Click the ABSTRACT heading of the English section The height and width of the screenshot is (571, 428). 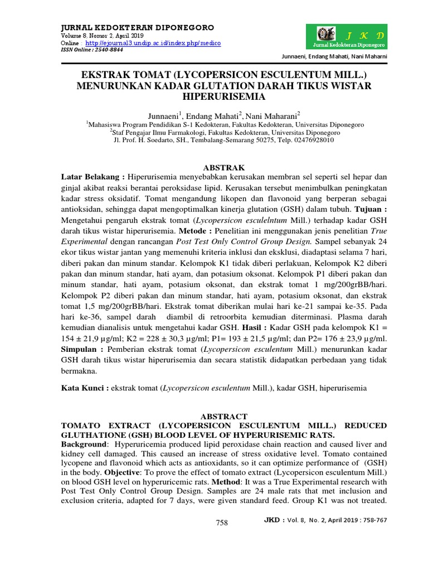[223, 417]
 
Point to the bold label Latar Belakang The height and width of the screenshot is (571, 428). [91, 177]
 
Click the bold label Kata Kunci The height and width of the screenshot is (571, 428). [85, 386]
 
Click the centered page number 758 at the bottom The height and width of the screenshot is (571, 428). [222, 522]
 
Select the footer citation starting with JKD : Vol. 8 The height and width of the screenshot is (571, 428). [325, 520]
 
